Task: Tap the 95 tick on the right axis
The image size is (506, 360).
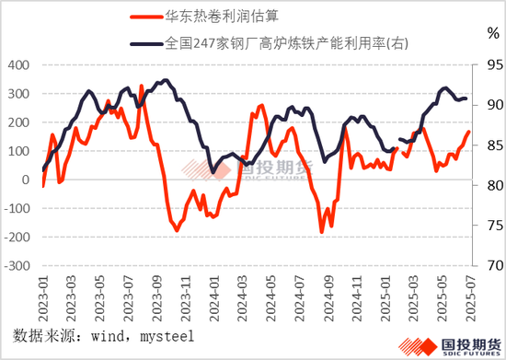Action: [x=483, y=65]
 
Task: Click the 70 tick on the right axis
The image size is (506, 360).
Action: [x=483, y=265]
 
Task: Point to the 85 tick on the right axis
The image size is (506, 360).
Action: [x=483, y=145]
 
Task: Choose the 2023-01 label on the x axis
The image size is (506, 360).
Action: [x=43, y=293]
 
